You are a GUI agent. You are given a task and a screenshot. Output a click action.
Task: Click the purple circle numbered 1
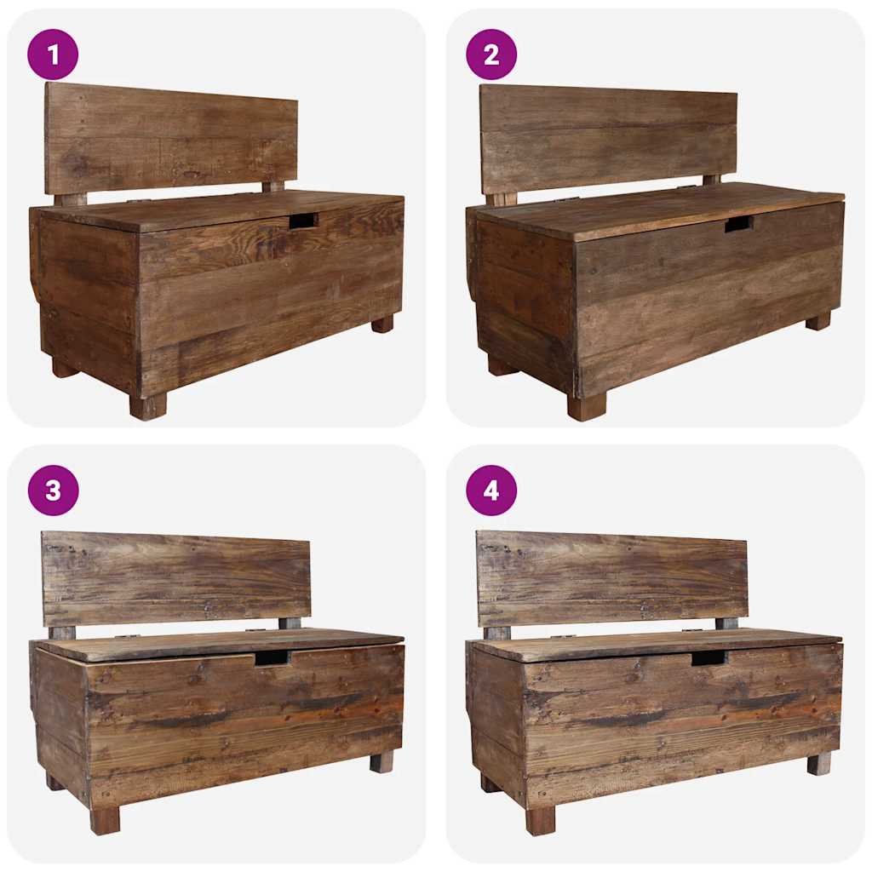53,54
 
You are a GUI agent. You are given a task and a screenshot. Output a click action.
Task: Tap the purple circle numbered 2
491,54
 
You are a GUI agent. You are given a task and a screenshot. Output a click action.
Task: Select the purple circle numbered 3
53,490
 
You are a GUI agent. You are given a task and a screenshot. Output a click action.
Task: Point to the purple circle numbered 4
491,490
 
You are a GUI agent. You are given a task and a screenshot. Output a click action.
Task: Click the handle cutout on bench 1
303,221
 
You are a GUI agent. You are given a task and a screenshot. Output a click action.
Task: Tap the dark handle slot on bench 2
739,224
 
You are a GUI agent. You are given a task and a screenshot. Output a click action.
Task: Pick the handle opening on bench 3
272,657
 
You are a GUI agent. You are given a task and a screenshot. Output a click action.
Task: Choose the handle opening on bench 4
708,657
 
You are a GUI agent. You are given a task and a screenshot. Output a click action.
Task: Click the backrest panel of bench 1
171,136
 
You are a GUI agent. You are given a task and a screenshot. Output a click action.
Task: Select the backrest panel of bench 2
608,139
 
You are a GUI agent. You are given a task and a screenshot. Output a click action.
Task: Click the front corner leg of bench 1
148,406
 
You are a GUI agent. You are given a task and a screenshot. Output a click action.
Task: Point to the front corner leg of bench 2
587,407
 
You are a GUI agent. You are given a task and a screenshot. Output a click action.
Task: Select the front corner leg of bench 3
105,820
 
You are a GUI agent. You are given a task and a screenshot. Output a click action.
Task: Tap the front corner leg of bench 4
541,820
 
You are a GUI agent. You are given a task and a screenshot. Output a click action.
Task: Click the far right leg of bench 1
382,324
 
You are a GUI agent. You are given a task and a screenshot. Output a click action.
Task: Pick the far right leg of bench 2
818,321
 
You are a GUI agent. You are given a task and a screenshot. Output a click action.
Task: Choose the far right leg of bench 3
381,761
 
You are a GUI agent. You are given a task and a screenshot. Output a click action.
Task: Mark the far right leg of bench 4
819,763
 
